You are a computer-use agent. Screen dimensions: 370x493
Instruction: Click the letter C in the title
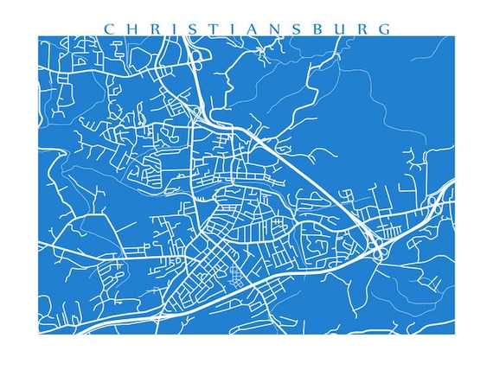pos(109,29)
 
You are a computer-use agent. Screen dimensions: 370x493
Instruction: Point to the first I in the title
pos(170,29)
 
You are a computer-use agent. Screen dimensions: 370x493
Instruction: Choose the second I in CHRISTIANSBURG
pos(224,29)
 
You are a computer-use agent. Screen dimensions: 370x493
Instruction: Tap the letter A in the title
pos(242,29)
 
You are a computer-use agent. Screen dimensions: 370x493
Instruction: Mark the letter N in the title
pos(266,29)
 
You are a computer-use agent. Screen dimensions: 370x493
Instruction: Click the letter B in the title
pos(308,29)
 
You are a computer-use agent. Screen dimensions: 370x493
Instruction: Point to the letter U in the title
pos(330,29)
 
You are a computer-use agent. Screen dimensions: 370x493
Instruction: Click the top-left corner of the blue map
pos(39,36)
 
